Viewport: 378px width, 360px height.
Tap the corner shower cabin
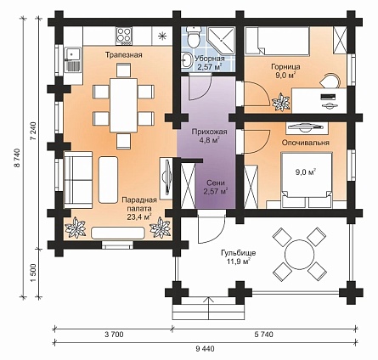(x=222, y=40)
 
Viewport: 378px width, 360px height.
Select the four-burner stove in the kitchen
(x=124, y=36)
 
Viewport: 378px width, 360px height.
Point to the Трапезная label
(x=124, y=55)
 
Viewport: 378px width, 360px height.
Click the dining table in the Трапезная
(x=124, y=105)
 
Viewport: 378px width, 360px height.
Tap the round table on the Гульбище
(x=299, y=254)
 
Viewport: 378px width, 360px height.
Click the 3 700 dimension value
(x=114, y=335)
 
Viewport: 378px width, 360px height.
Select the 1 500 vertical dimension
(x=34, y=273)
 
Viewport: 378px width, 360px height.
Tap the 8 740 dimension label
(x=18, y=158)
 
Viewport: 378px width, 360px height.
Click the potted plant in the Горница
(x=280, y=102)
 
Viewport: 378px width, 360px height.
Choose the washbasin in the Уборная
(x=187, y=60)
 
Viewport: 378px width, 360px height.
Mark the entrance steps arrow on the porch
(x=209, y=308)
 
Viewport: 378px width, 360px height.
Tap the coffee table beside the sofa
(x=108, y=180)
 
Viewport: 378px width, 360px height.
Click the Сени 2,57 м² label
(x=216, y=188)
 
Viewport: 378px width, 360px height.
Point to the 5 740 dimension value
(x=264, y=335)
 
